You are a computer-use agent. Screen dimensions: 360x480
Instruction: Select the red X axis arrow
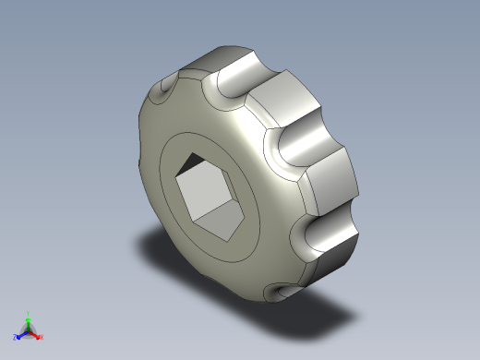click(36, 335)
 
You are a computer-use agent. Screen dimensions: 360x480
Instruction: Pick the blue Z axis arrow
click(21, 335)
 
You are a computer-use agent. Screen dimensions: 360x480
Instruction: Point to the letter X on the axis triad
click(42, 337)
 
